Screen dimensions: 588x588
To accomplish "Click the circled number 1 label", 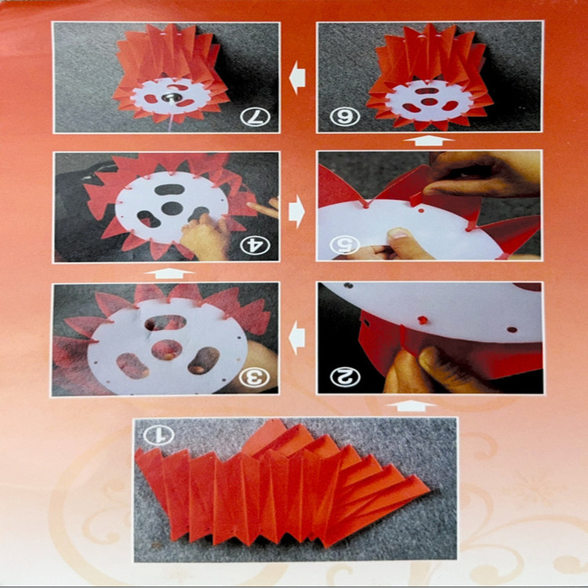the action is click(x=158, y=435).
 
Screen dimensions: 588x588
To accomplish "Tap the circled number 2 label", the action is click(x=345, y=377).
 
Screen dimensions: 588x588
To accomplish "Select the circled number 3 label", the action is click(x=255, y=378).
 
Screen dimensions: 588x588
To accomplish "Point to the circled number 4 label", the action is click(x=255, y=245).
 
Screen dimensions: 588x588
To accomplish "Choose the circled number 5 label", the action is click(x=345, y=245).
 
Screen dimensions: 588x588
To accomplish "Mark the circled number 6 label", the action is click(x=345, y=116).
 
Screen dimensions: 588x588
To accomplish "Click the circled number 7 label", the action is click(x=255, y=116).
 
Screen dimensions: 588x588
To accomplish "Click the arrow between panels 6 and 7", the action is click(x=298, y=78).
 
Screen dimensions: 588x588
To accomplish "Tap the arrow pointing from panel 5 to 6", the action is click(x=429, y=141).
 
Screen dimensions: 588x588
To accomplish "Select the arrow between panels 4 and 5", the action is click(x=297, y=212).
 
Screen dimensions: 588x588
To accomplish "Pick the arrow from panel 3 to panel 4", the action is click(x=169, y=273).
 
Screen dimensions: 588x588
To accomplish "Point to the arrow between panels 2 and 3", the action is click(x=297, y=338).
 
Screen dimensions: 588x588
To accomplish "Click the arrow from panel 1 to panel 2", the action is click(x=411, y=406).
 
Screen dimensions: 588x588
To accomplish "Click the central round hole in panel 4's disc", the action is click(x=172, y=209).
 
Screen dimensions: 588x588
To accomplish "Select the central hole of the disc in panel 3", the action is click(x=167, y=350).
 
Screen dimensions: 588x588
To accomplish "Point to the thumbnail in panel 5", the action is click(x=398, y=234).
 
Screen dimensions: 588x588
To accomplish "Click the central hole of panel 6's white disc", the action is click(x=430, y=102).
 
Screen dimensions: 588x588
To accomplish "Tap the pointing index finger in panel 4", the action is click(x=262, y=209).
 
